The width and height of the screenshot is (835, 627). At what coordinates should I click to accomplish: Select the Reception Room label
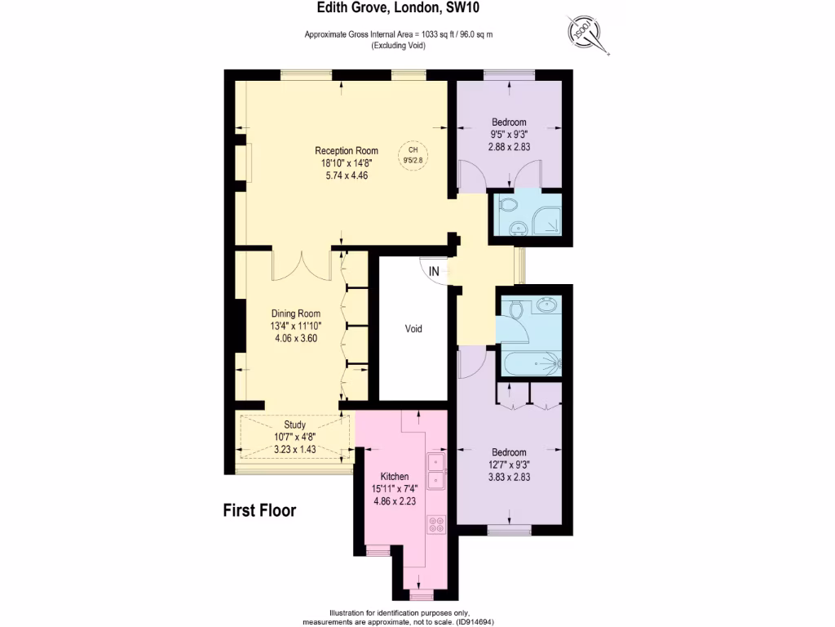click(347, 151)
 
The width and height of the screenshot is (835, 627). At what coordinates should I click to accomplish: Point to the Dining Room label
click(295, 313)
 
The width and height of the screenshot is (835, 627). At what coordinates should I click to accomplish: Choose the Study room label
click(294, 425)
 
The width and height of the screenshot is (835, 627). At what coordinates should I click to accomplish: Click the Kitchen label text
click(395, 476)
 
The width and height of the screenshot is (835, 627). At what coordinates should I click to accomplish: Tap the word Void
click(413, 329)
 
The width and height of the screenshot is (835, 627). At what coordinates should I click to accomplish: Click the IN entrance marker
click(434, 271)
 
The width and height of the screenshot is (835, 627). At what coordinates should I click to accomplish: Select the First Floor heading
click(259, 511)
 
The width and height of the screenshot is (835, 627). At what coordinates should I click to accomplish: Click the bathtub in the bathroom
click(532, 363)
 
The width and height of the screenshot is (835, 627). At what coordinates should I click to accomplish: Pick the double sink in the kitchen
click(436, 471)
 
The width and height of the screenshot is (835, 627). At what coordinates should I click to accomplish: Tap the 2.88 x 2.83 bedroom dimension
click(508, 147)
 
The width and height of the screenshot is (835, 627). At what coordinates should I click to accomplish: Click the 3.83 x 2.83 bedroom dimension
click(509, 478)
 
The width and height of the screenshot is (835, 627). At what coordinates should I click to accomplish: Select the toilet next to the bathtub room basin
click(514, 309)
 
